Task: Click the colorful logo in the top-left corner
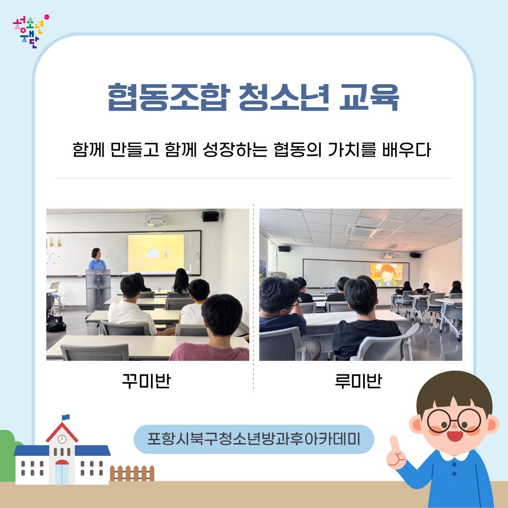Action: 31,32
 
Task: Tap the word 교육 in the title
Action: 369,97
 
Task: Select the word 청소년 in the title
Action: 284,97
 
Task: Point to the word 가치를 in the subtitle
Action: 351,150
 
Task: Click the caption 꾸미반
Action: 146,381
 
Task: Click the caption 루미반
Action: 358,381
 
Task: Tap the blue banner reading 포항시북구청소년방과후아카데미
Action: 254,439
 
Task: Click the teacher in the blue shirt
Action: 96,259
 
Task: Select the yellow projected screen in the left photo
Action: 156,253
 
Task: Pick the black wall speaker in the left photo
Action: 210,216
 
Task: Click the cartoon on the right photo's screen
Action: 386,275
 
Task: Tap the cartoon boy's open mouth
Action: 455,436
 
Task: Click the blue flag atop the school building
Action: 66,417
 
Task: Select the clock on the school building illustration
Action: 62,439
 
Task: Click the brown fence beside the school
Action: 132,473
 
